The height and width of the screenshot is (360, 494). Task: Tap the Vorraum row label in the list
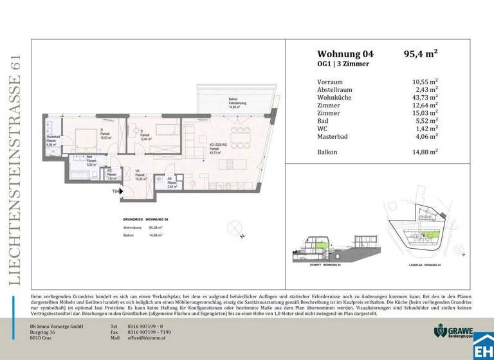click(x=330, y=82)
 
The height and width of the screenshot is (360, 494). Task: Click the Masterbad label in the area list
click(x=333, y=136)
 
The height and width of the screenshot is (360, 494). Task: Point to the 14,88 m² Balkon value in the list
click(x=425, y=152)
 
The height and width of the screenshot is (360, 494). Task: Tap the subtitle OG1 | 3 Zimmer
click(x=343, y=65)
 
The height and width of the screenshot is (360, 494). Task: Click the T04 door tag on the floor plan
click(x=116, y=192)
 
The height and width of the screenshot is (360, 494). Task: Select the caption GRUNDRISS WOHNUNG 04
click(x=142, y=219)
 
